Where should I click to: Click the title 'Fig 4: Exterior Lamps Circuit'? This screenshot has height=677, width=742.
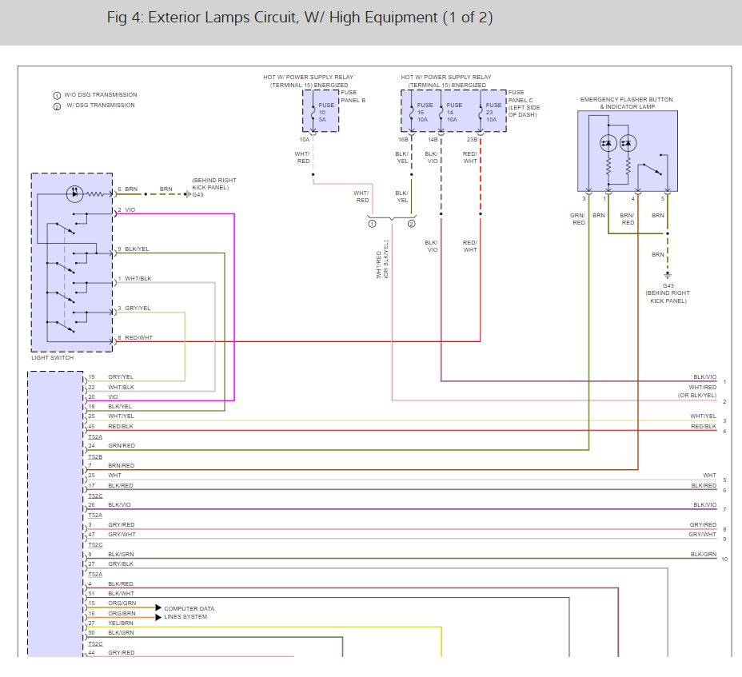[x=299, y=18]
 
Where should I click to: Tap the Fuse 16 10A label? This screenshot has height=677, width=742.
[x=424, y=112]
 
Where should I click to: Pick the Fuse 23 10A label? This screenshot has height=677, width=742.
[x=493, y=112]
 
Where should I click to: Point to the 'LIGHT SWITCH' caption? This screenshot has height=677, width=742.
[x=52, y=357]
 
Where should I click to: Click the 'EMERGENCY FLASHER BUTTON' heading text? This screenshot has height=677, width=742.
[x=627, y=100]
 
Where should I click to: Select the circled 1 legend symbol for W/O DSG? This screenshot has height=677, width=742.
[x=57, y=96]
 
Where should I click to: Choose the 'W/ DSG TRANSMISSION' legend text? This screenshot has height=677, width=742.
[x=102, y=106]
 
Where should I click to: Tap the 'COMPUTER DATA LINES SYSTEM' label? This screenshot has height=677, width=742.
[x=189, y=612]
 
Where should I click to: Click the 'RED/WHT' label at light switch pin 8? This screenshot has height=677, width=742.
[x=138, y=337]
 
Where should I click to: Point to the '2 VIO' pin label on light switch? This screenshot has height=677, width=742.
[x=126, y=210]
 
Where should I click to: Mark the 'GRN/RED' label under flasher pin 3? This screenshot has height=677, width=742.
[x=577, y=218]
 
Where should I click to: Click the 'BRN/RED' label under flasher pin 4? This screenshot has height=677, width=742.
[x=628, y=218]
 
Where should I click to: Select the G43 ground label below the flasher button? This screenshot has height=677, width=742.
[x=668, y=285]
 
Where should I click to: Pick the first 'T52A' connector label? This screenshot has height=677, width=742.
[x=95, y=436]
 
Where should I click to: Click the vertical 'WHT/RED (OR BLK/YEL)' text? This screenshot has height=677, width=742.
[x=382, y=259]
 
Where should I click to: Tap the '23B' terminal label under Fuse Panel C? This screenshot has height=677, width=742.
[x=472, y=140]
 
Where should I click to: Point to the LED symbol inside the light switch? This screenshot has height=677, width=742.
[x=74, y=192]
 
